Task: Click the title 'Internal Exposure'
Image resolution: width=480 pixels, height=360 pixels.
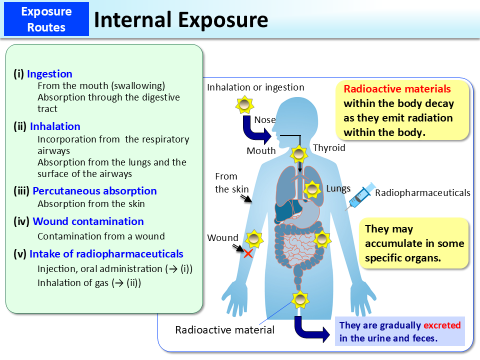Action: click(x=181, y=20)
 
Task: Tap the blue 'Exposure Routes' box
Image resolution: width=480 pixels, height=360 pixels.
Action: click(x=46, y=19)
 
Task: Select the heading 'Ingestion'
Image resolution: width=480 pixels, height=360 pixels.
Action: click(x=49, y=74)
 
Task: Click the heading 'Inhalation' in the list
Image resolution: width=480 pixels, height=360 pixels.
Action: click(x=55, y=126)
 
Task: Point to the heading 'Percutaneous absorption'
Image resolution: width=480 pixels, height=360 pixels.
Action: click(x=94, y=191)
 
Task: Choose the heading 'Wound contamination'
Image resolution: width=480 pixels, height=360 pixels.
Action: click(x=88, y=221)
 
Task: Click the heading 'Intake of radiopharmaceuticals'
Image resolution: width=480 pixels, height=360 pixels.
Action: click(x=106, y=254)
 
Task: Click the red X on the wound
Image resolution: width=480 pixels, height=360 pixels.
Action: click(x=248, y=253)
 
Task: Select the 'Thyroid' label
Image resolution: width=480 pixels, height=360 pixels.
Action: click(x=329, y=148)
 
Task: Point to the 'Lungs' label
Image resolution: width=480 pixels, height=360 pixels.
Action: click(x=338, y=188)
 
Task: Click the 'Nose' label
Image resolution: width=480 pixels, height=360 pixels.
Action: click(x=264, y=120)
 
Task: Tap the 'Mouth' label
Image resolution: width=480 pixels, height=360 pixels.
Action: click(x=261, y=150)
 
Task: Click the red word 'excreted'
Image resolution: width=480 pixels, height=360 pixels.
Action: click(x=442, y=325)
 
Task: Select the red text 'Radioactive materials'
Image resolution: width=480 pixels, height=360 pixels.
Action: click(x=397, y=89)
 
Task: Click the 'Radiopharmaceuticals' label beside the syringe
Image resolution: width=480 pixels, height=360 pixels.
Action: click(x=422, y=193)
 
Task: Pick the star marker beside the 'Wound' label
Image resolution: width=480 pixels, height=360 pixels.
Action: click(x=254, y=239)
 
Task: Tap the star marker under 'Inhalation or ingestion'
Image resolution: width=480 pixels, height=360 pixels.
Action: click(x=243, y=105)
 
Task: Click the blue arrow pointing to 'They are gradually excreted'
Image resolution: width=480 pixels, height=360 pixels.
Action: click(x=311, y=330)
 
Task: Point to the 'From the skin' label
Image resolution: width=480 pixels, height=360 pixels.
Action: click(x=228, y=183)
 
